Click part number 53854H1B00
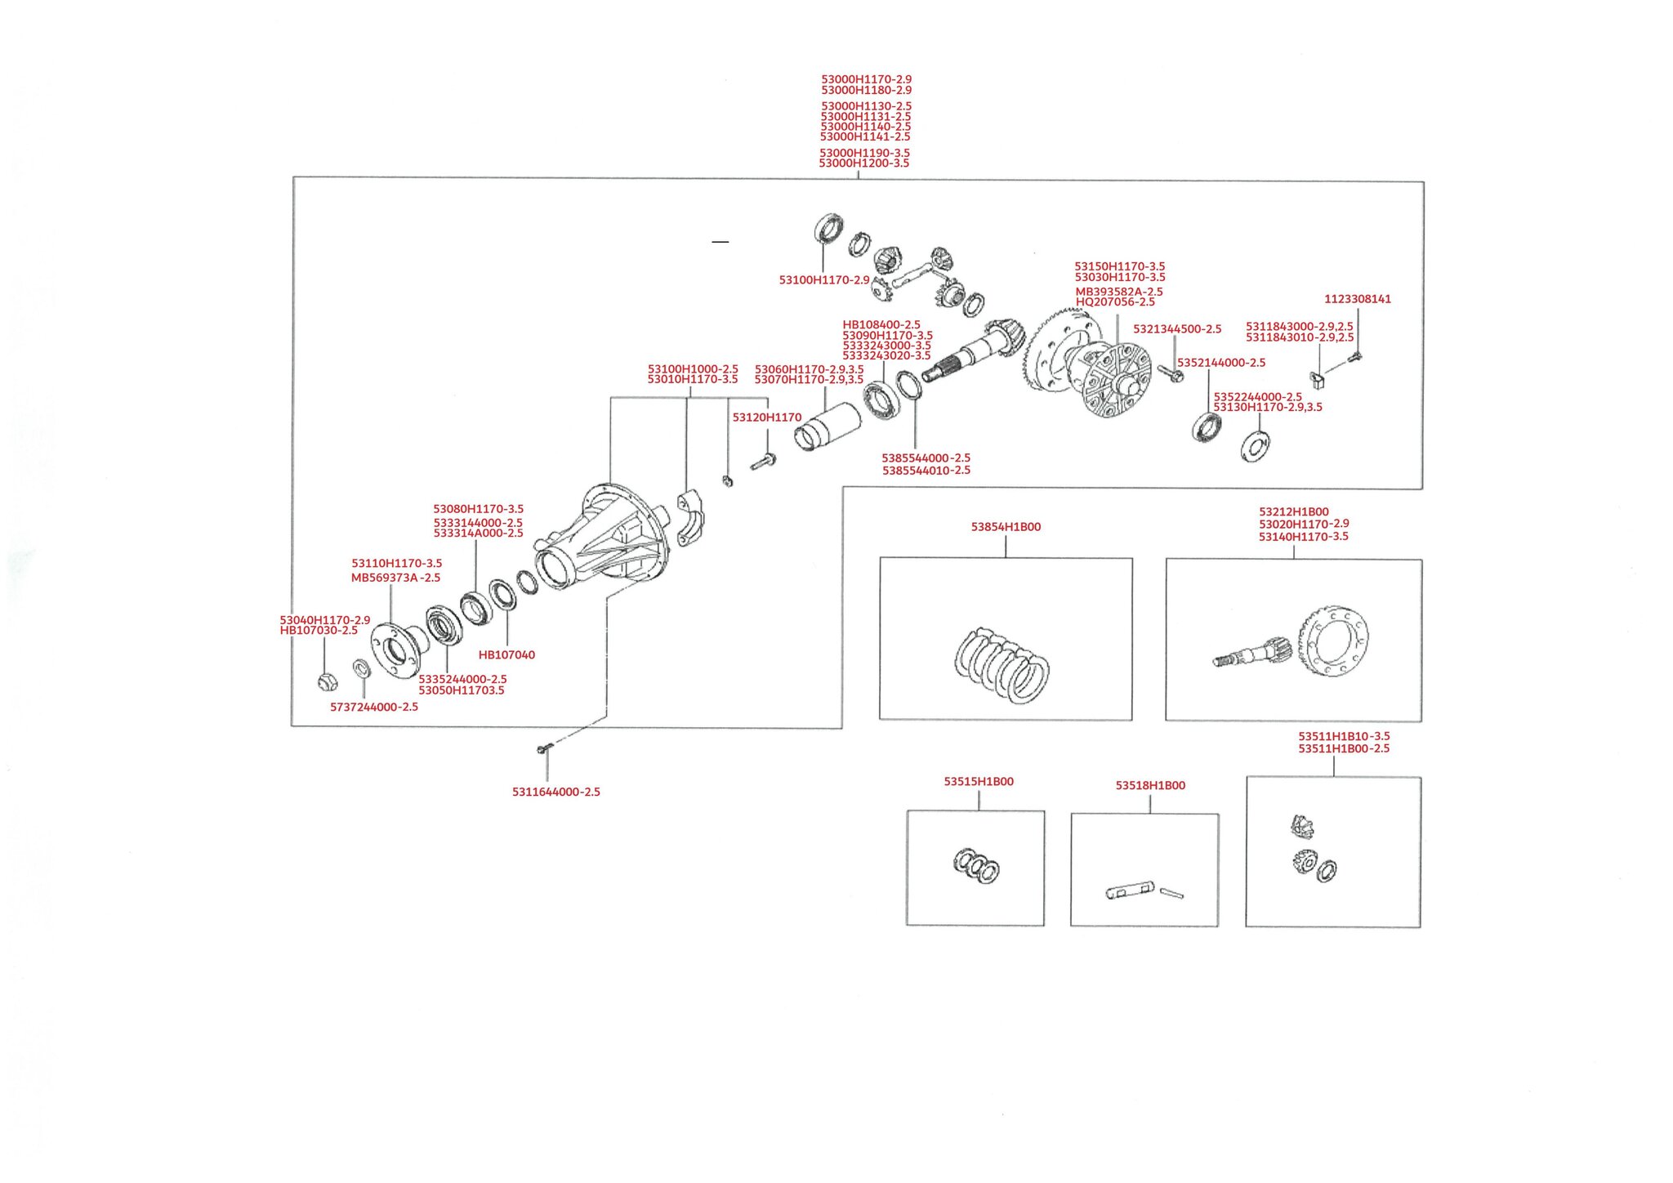tap(1006, 527)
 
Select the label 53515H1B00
tap(979, 782)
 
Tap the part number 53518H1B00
tap(1150, 786)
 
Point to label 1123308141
tap(1358, 299)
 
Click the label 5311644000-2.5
tap(556, 792)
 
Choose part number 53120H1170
tap(767, 417)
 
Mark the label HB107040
tap(506, 655)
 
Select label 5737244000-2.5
tap(374, 708)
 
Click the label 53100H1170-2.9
tap(824, 280)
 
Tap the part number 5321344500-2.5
tap(1177, 329)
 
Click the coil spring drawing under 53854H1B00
tap(1002, 665)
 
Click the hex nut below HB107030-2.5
tap(327, 681)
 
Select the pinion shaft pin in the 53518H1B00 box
tap(1131, 891)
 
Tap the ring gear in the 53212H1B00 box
tap(1332, 641)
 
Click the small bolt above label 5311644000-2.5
tap(543, 748)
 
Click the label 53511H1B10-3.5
tap(1344, 736)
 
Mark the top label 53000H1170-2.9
tap(867, 80)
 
